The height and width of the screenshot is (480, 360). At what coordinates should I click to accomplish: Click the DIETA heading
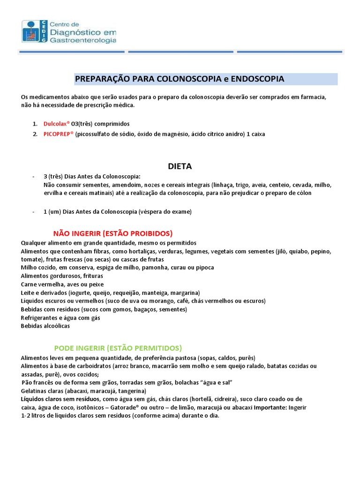click(180, 166)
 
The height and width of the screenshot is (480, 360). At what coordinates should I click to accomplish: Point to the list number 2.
click(35, 134)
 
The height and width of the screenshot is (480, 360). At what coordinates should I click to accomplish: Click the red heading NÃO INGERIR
click(113, 233)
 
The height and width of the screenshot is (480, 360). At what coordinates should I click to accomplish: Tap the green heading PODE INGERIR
click(118, 348)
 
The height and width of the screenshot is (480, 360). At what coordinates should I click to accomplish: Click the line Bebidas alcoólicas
click(45, 326)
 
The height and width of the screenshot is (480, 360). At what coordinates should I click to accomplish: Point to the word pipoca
click(203, 268)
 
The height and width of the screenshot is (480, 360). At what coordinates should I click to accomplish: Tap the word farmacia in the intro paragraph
click(311, 97)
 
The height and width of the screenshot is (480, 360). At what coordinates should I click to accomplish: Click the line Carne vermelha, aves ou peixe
click(62, 284)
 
